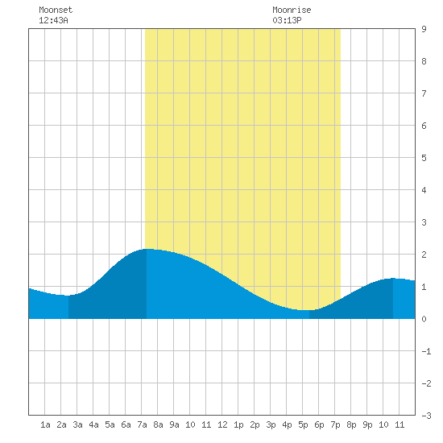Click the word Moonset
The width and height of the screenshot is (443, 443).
pos(56,10)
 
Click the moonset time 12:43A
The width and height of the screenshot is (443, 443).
pos(53,20)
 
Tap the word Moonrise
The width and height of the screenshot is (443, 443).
pos(292,10)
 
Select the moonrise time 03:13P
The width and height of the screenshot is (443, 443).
pos(287,20)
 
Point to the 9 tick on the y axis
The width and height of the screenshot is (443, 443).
pos(424,29)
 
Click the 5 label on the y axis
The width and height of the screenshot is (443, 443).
pos(424,158)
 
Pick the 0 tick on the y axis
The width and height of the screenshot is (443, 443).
pos(424,319)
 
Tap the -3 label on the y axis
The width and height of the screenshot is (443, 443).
pos(426,416)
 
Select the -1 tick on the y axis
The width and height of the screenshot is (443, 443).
pos(426,351)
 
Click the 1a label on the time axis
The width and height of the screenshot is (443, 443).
pos(45,424)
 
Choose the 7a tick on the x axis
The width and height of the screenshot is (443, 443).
pos(142,424)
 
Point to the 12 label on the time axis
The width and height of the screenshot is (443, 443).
pos(222,424)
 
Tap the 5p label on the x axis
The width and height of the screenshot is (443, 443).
pos(303,424)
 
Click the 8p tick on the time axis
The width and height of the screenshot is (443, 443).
pos(351,424)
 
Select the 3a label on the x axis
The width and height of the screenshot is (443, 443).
pos(77,424)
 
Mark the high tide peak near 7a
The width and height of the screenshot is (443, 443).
pos(147,249)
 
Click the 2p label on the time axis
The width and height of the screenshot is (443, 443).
pos(255,424)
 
